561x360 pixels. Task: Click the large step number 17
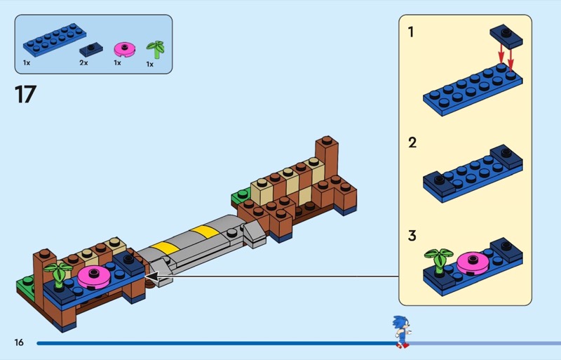25,94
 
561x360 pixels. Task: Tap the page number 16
19,342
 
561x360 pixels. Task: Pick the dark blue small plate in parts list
90,50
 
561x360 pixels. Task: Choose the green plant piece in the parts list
155,50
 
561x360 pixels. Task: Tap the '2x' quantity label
83,63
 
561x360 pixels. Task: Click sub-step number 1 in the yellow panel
412,32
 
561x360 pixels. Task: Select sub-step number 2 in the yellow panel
412,142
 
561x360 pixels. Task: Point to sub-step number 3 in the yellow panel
412,236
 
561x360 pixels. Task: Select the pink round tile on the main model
92,274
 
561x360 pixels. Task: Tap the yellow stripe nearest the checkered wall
205,231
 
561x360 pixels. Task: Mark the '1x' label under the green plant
149,65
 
